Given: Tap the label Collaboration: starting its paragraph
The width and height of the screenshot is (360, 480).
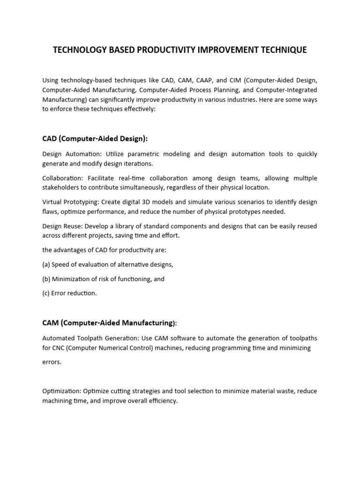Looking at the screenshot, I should (x=64, y=178).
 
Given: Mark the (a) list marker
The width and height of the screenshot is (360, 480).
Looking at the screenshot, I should (x=46, y=264).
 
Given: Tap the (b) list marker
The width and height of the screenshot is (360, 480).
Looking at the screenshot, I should (x=46, y=279).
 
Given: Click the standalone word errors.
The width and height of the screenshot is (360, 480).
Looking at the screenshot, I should (x=52, y=362).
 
